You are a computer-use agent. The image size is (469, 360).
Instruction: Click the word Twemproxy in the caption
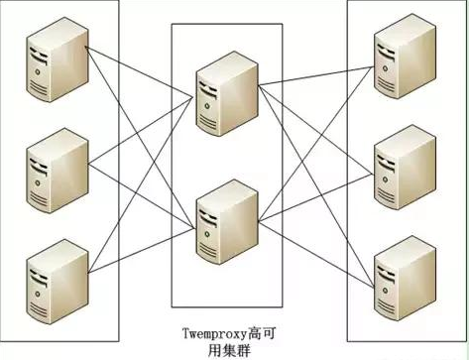click(x=219, y=332)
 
